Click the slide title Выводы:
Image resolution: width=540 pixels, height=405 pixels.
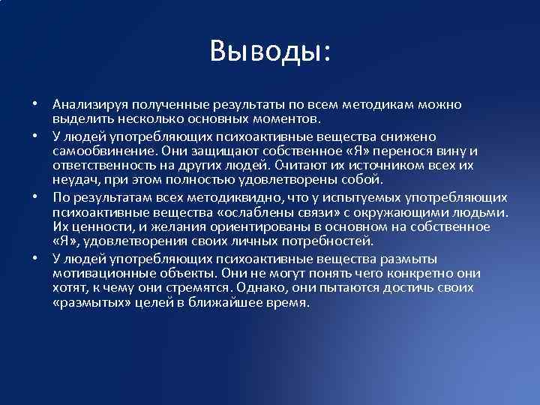[x=270, y=51]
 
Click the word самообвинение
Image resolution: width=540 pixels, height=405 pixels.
[x=100, y=148]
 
